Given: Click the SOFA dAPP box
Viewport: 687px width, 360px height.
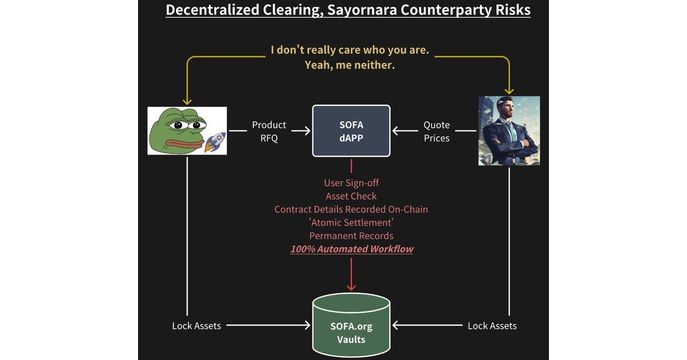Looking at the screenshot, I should click(351, 131).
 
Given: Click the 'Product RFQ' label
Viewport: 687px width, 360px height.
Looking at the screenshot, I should click(269, 131).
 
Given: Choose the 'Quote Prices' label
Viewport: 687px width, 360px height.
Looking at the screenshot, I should click(436, 131).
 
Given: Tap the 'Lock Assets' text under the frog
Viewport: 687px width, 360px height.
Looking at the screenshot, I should click(196, 326).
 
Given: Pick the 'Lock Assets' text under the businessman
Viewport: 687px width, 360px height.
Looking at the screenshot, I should click(492, 326).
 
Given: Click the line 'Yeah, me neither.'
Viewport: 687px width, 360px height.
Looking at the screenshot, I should click(350, 65).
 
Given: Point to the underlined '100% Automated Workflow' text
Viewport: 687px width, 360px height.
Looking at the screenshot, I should click(352, 249).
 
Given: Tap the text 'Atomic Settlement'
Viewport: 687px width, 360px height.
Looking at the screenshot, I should click(351, 222).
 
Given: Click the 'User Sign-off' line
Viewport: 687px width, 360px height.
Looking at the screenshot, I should click(351, 183).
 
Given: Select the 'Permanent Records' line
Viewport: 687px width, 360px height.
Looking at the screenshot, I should click(351, 235).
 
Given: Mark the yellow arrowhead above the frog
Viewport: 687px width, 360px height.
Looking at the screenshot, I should click(187, 101).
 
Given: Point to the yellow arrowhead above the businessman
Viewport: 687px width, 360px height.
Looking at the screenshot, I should click(509, 90).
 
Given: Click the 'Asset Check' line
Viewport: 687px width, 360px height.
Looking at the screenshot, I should click(351, 196).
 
